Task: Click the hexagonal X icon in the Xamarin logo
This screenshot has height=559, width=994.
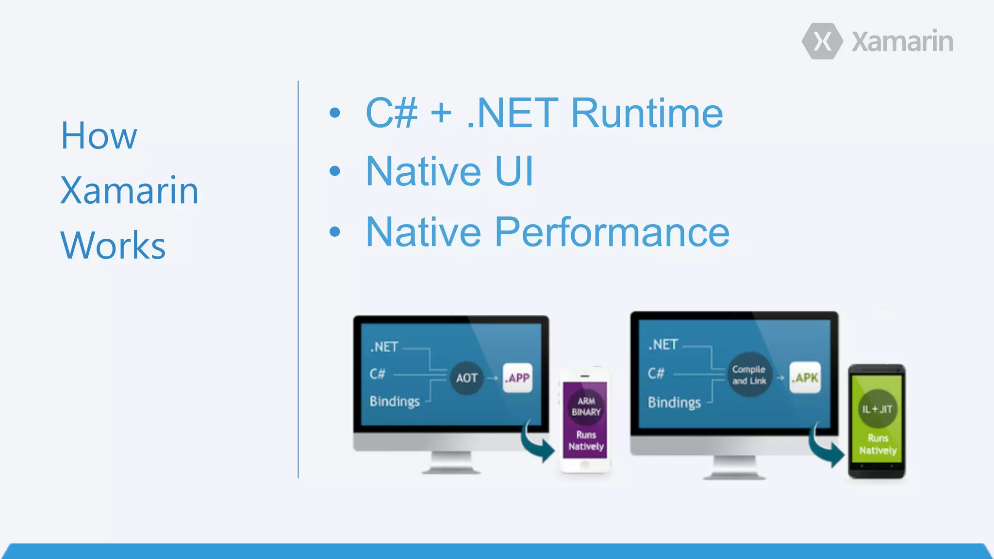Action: (x=822, y=41)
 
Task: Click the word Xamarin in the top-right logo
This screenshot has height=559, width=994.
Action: (x=902, y=42)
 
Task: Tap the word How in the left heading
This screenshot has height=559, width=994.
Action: (x=99, y=136)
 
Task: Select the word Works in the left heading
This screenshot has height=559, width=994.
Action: (x=113, y=246)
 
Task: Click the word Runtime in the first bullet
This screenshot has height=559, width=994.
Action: (x=647, y=113)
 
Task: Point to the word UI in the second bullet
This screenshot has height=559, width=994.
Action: (x=514, y=171)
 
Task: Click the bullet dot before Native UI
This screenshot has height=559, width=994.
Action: (x=335, y=171)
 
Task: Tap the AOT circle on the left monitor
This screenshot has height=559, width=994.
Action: (x=466, y=378)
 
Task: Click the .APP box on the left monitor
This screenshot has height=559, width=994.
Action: (x=517, y=378)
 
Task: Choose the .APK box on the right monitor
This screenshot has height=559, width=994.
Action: (x=805, y=378)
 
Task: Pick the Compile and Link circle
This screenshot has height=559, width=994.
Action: (x=749, y=375)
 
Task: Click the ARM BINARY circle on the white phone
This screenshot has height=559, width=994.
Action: (x=586, y=407)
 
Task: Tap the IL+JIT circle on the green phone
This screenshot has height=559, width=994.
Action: (x=877, y=409)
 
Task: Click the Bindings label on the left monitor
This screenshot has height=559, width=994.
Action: (x=395, y=401)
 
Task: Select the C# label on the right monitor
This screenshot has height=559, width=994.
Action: (x=656, y=374)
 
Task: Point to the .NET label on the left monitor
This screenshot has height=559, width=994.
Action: (x=384, y=347)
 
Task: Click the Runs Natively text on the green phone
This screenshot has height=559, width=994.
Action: (x=878, y=444)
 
